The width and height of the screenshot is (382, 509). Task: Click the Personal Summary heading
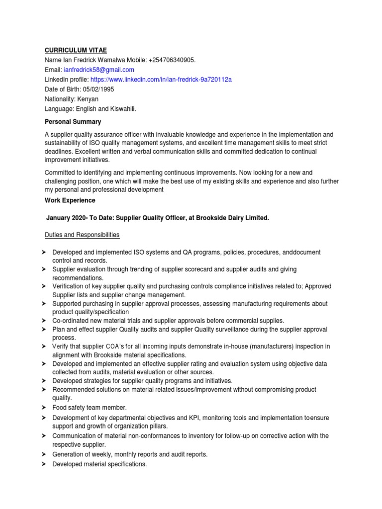[73, 122]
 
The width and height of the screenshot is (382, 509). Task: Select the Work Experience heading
[70, 200]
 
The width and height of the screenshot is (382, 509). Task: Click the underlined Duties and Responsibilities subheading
[82, 235]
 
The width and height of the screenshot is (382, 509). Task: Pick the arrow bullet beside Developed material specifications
[43, 464]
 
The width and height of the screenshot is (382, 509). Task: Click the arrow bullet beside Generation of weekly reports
[43, 454]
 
